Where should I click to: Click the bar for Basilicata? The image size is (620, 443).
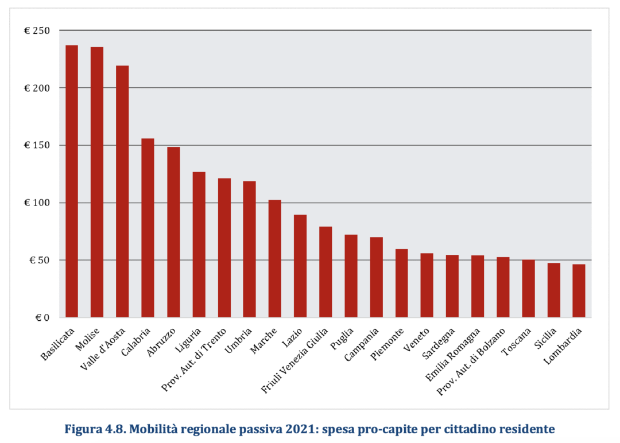[x=72, y=181]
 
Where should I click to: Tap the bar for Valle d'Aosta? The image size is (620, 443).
[x=122, y=192]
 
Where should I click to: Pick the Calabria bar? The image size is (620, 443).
[x=148, y=228]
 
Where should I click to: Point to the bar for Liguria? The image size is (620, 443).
[x=199, y=244]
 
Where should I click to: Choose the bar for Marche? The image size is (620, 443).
[x=275, y=259]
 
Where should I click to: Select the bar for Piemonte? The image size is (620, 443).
[x=402, y=283]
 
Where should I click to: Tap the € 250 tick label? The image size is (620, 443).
[x=37, y=30]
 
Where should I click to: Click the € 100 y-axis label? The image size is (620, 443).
[x=37, y=203]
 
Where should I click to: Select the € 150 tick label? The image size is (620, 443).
[x=37, y=145]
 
